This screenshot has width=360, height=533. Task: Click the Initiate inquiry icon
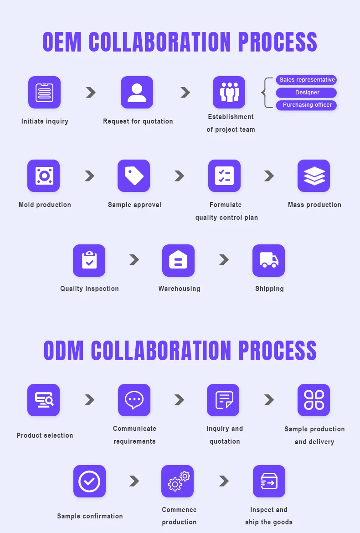coord(44,92)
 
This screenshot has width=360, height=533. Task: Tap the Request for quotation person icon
coord(137,92)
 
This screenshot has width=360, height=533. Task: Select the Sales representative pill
coord(307,80)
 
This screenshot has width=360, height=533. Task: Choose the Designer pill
coord(307,93)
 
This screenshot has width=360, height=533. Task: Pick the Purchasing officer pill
coord(307,105)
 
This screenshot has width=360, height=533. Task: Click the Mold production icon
coord(43,176)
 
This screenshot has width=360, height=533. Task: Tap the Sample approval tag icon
coord(134,176)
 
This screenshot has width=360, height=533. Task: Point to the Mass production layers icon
coord(314,176)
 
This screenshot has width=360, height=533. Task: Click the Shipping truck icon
coord(268,260)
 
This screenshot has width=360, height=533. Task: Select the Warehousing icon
coord(178,260)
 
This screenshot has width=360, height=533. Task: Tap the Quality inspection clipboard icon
coord(89,260)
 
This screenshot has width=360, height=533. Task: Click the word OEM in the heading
coord(62,42)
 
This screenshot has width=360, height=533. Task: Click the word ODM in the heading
coord(64,350)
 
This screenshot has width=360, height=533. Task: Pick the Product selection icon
coord(43,400)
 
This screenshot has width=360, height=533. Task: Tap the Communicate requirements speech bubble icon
coord(134,400)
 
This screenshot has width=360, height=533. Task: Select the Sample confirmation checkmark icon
coord(89,481)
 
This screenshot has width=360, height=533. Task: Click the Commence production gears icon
coord(177,481)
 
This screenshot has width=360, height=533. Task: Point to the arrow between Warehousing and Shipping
coord(224,259)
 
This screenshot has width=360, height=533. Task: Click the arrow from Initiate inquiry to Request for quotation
coord(91,93)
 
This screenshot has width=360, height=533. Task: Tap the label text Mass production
coord(314,205)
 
